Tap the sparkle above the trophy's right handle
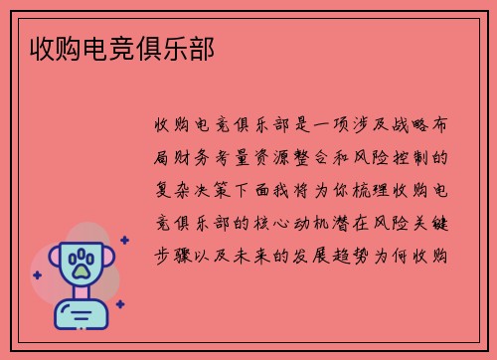point(124,240)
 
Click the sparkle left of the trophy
point(38,272)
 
